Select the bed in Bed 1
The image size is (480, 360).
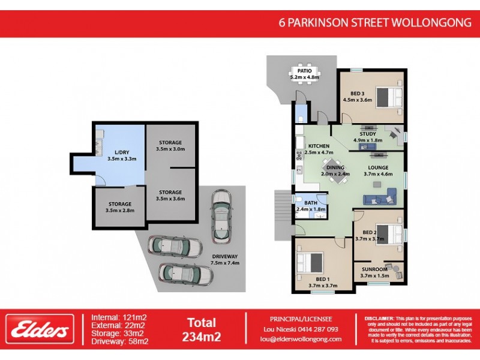click(310, 263)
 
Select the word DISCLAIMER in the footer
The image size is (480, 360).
click(379, 318)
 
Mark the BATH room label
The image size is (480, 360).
click(310, 203)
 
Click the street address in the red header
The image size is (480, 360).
click(376, 23)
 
